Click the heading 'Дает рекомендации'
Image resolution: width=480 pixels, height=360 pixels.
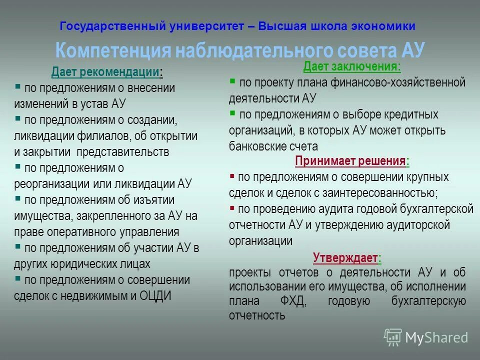105,72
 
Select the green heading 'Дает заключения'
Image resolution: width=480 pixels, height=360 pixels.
351,66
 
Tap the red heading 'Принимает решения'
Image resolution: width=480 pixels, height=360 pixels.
350,161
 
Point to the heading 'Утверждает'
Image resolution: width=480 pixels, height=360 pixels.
345,258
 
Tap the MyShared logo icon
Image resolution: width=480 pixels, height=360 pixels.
393,337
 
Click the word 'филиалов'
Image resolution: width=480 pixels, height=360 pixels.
111,136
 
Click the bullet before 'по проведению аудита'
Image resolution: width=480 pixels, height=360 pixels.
232,207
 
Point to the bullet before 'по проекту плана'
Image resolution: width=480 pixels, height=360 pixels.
232,80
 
